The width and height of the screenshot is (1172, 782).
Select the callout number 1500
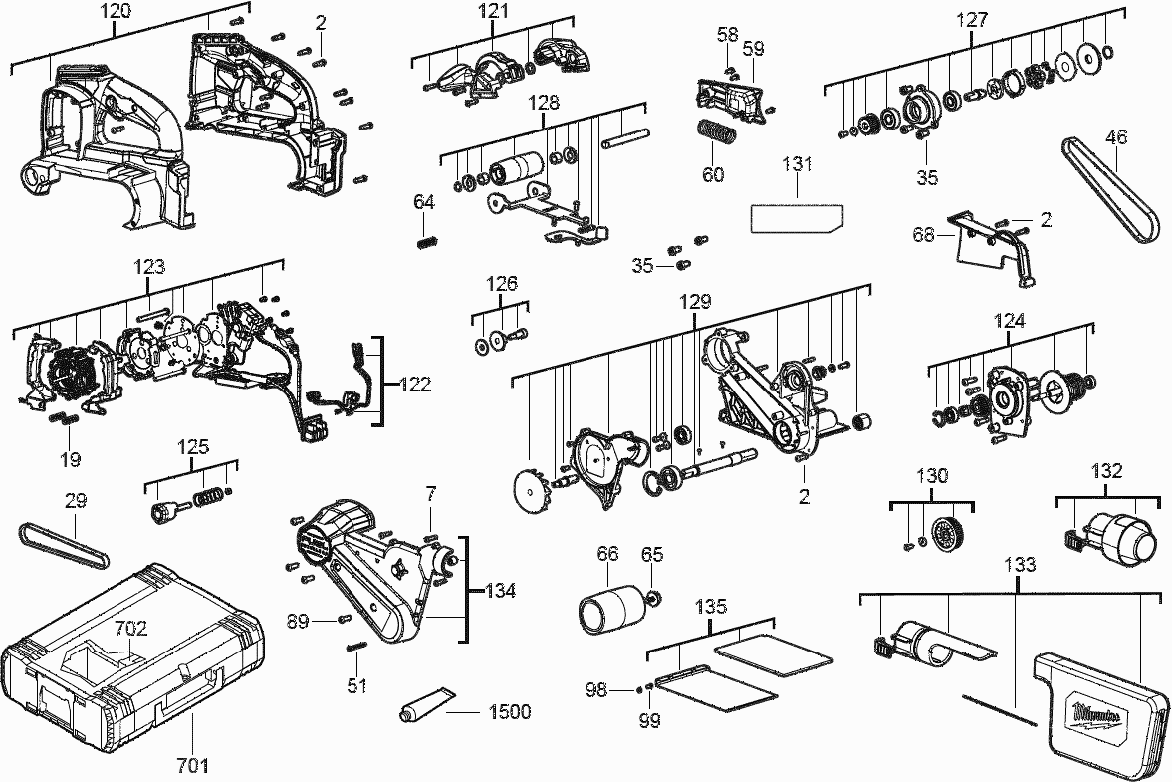click(509, 711)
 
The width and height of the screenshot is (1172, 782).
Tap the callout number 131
click(797, 166)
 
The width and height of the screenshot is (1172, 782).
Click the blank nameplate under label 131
click(795, 216)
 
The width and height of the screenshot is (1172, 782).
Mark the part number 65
click(652, 554)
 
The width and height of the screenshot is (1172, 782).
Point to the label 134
click(500, 591)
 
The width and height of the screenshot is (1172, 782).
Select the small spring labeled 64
click(424, 239)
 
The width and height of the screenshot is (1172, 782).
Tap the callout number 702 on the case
click(130, 628)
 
